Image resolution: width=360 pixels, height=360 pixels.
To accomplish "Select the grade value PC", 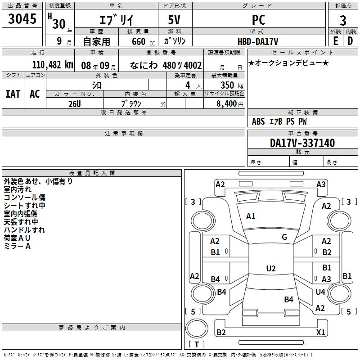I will (x=259, y=20).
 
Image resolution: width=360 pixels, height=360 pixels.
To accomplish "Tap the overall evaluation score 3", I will (x=343, y=21).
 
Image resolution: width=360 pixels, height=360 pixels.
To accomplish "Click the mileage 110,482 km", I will (x=53, y=65).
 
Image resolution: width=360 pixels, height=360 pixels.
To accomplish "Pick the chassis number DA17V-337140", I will (x=302, y=144).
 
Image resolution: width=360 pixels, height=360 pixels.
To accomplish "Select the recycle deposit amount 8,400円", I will (x=230, y=103).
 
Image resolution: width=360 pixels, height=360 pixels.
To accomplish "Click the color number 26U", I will (x=74, y=103).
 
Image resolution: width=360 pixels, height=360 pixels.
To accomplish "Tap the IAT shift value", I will (x=13, y=94).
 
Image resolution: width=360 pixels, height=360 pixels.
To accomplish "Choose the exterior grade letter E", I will (x=335, y=41).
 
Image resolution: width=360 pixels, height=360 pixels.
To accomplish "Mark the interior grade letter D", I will (x=350, y=41).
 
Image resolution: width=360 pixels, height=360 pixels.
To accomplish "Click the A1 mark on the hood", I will (x=251, y=216).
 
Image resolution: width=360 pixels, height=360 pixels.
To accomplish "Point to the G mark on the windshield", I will (x=284, y=237).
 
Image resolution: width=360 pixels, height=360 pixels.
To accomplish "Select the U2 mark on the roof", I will (x=270, y=269).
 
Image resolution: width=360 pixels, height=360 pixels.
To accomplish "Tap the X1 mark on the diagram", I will (x=321, y=333).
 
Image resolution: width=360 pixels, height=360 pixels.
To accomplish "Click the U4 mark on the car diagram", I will (x=320, y=292).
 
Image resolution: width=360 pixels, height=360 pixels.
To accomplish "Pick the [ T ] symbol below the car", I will (x=196, y=344).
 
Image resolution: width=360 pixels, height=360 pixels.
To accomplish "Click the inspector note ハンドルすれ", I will (x=24, y=230).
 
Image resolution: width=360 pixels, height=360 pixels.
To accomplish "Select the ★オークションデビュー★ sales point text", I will (x=288, y=63).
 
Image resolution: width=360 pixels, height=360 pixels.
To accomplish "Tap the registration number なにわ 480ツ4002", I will (x=165, y=65).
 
